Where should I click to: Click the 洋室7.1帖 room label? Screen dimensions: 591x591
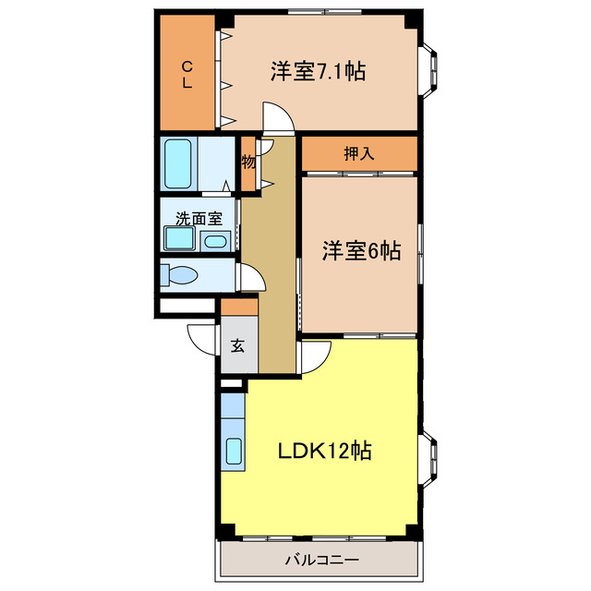317,71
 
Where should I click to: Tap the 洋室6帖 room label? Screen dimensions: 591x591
361,250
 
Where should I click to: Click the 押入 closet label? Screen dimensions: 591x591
358,154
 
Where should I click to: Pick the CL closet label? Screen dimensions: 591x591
187,74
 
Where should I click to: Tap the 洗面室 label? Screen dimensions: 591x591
199,219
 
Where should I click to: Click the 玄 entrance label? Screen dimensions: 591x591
237,346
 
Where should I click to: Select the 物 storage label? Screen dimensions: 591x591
247,163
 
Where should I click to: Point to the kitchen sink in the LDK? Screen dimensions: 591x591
234,452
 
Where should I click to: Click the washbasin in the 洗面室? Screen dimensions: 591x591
215,241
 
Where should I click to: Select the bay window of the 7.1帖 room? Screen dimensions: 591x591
429,71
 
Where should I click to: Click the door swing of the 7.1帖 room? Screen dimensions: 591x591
278,117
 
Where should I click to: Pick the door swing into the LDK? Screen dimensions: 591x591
315,355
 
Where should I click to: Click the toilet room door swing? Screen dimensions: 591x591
249,278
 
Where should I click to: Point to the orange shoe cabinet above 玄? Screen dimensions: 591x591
239,307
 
